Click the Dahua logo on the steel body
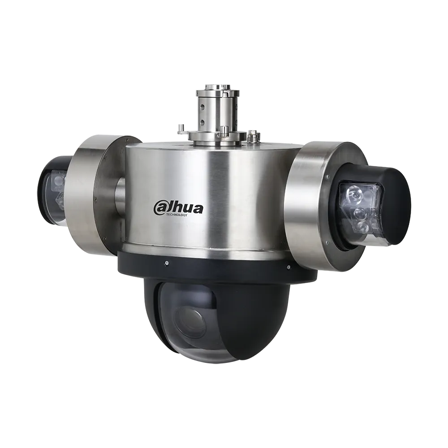coord(178,208)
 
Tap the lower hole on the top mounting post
coord(202,122)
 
